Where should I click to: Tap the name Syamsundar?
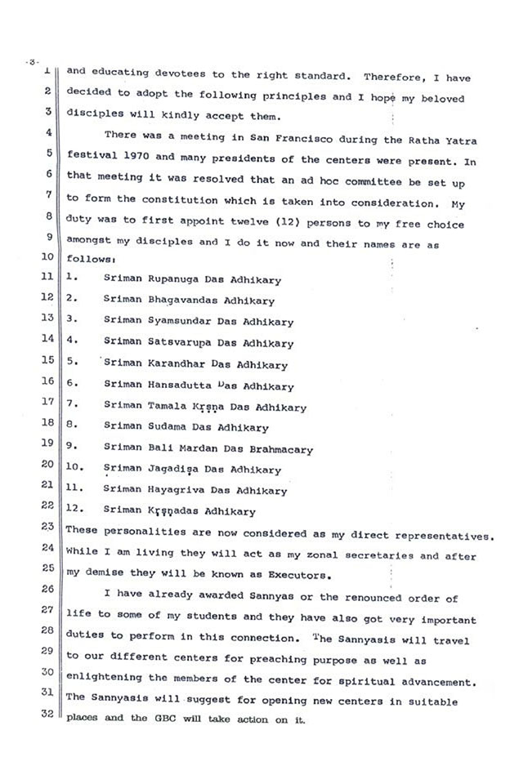[175, 323]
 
